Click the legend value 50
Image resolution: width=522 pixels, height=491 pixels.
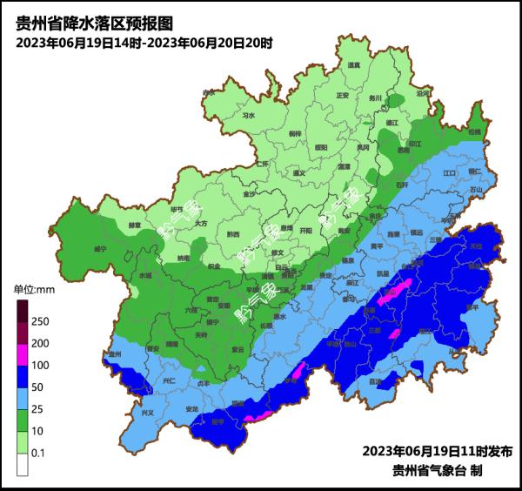(39, 387)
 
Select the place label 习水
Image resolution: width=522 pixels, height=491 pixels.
(249, 114)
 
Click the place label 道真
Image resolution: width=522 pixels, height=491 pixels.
(354, 65)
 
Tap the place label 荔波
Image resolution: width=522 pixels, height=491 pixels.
(375, 381)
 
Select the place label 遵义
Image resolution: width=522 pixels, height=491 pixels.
(300, 173)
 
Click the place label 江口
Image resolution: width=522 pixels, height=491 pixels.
(450, 173)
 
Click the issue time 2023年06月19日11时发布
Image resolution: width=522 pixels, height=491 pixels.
(438, 452)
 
